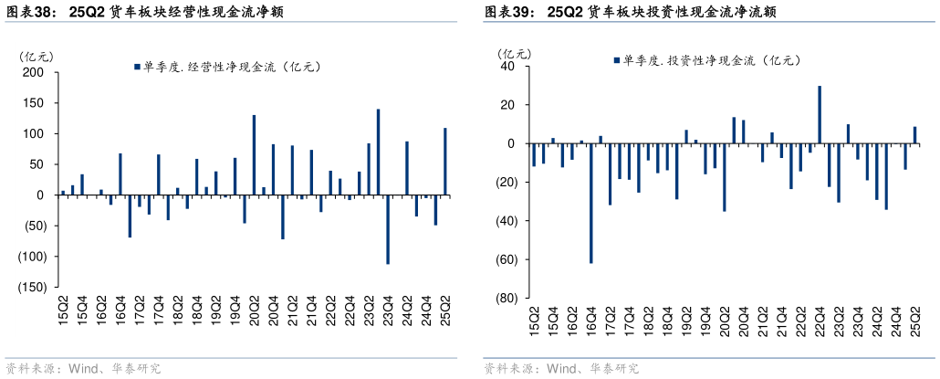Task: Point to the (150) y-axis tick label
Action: [x=30, y=287]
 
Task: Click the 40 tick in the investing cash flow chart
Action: [x=508, y=67]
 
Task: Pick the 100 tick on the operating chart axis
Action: [x=35, y=133]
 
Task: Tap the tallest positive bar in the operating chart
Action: [x=378, y=152]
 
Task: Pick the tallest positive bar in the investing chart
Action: [x=819, y=114]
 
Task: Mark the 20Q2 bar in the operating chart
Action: [x=254, y=154]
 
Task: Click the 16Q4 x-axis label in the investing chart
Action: [x=590, y=325]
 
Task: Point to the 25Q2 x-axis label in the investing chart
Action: [x=914, y=325]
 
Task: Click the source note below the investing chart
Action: [x=560, y=369]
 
